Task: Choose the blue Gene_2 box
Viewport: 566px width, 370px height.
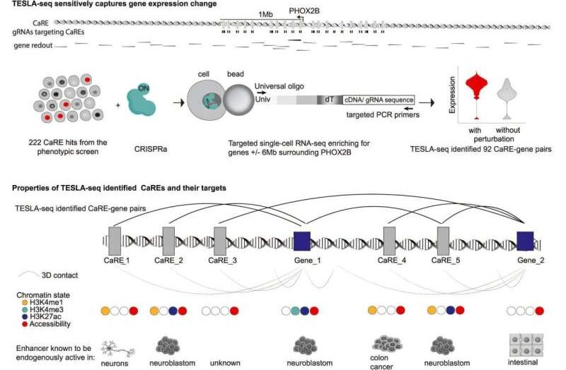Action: click(526, 241)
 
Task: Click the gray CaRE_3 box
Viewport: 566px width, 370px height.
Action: click(219, 241)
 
